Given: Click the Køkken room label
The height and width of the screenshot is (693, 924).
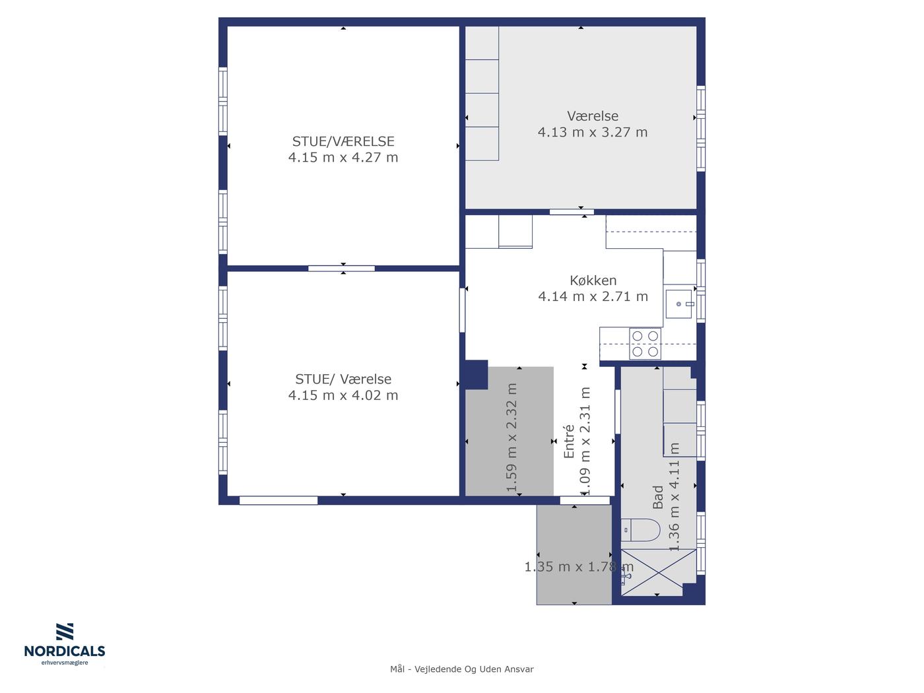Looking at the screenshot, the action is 593,280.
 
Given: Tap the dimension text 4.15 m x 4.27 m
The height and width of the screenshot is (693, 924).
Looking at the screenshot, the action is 343,157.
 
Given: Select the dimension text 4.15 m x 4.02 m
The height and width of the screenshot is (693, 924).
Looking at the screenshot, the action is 343,395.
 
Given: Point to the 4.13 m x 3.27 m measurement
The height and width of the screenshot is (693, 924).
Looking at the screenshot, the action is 592,132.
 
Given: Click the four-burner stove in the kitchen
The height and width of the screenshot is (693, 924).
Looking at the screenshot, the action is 645,343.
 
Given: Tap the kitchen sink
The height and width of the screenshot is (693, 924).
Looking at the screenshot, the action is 678,304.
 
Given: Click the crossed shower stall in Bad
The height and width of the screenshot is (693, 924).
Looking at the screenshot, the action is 659,572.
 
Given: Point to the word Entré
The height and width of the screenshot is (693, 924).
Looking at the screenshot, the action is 569,441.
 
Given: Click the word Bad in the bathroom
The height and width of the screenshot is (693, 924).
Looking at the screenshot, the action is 657,497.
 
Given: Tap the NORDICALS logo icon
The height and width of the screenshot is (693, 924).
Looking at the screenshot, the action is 65,631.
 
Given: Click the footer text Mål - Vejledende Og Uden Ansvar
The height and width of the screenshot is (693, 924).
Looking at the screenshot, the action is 462,669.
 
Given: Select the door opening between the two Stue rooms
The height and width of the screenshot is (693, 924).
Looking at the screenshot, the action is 341,269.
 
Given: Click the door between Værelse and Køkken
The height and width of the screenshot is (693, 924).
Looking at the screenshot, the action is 572,212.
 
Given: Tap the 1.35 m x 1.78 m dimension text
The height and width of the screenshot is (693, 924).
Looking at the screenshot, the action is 579,567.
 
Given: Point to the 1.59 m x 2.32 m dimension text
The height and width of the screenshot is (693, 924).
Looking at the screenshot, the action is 511,438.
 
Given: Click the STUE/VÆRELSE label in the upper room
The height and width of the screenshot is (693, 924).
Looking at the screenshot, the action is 343,141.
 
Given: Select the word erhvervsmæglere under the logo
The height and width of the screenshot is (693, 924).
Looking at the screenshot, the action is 65,663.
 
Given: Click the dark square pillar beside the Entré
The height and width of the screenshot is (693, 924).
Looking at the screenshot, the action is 477,374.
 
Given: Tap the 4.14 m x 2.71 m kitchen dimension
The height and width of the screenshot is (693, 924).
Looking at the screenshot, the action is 593,296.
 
